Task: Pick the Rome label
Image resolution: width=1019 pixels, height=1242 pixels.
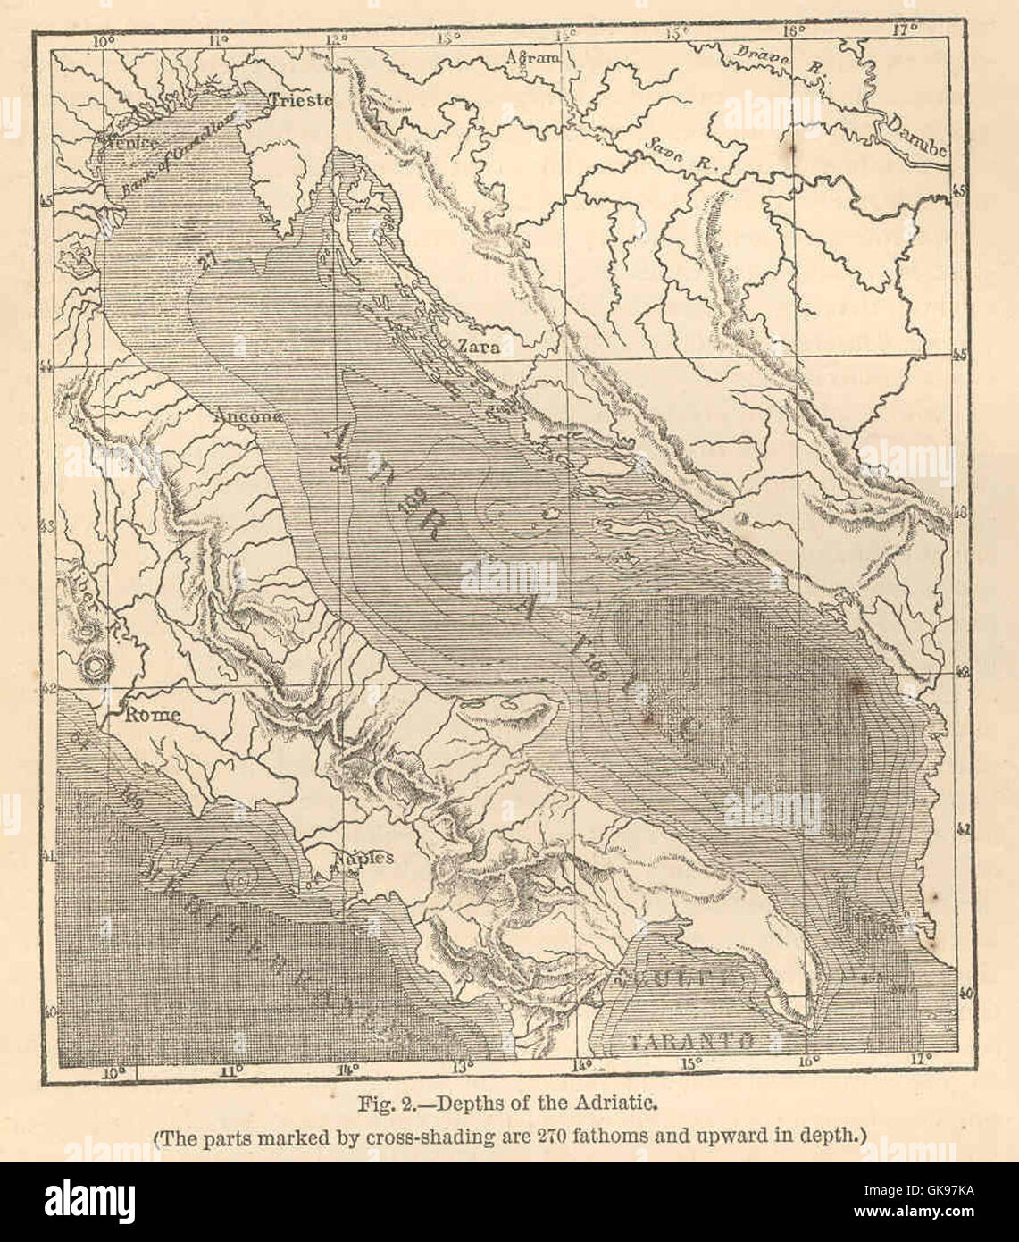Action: click(x=152, y=714)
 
